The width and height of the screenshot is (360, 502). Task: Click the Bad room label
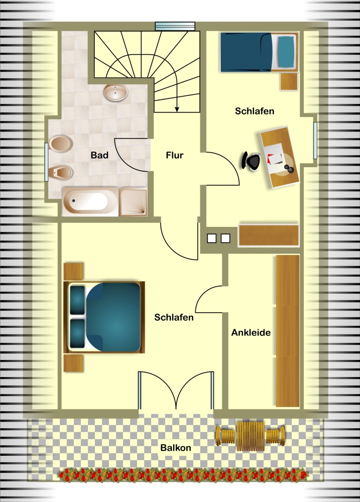click(x=99, y=155)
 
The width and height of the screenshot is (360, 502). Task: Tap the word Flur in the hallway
click(x=175, y=155)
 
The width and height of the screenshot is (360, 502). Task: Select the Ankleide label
click(x=251, y=333)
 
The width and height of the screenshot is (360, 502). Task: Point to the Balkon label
click(x=176, y=448)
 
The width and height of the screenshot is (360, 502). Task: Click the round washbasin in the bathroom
click(x=115, y=92)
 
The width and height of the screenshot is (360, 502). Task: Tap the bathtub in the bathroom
click(x=90, y=202)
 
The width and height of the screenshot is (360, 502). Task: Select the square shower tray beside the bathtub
click(x=133, y=202)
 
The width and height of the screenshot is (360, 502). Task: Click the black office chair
click(x=251, y=161)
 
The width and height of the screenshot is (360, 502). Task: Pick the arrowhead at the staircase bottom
click(x=177, y=109)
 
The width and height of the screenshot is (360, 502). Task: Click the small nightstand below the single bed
click(x=289, y=82)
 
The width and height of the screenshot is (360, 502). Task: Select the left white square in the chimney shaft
click(x=212, y=238)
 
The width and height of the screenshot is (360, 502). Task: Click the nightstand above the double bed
click(x=73, y=272)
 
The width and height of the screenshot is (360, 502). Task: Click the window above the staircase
click(x=175, y=26)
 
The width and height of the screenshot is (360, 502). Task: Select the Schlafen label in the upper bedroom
click(x=255, y=111)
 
